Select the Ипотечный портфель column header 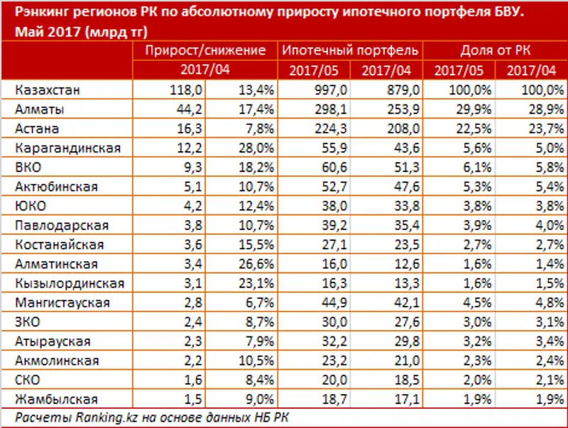(x=350, y=51)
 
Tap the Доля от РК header (x=495, y=51)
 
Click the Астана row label (x=40, y=129)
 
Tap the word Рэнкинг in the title (x=42, y=13)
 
